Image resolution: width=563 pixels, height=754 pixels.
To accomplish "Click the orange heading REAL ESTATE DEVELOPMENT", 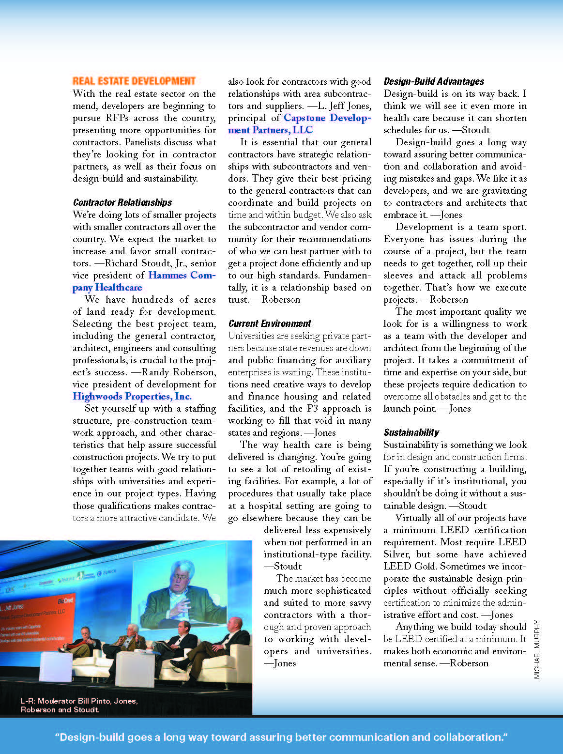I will pyautogui.click(x=134, y=81).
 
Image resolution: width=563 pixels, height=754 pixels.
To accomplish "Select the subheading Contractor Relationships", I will pyautogui.click(x=122, y=202).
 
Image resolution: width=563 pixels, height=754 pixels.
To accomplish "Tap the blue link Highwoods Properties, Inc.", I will pyautogui.click(x=132, y=397).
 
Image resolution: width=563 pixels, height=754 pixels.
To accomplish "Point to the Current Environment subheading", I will pyautogui.click(x=270, y=323).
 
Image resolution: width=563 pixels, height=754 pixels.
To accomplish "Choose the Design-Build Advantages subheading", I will pyautogui.click(x=433, y=81).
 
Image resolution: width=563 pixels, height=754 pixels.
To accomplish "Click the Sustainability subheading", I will pyautogui.click(x=411, y=432).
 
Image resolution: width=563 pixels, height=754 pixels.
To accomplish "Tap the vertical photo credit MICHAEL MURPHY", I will pyautogui.click(x=536, y=649).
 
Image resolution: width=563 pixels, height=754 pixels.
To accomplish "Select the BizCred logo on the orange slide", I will pyautogui.click(x=65, y=601).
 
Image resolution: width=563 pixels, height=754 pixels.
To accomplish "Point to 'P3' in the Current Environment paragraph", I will pyautogui.click(x=312, y=409).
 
